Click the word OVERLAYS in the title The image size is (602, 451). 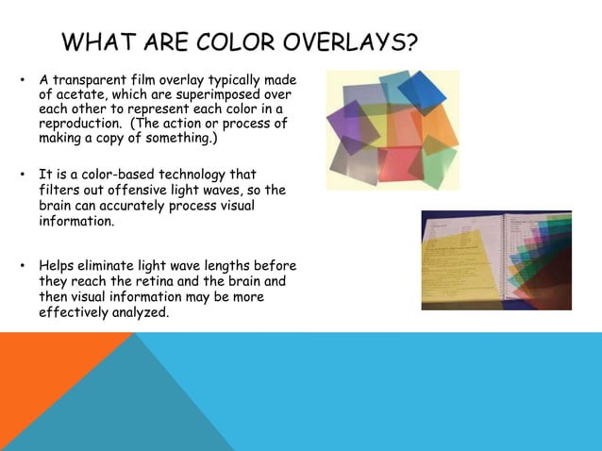tap(336, 43)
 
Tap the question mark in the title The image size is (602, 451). tap(411, 43)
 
